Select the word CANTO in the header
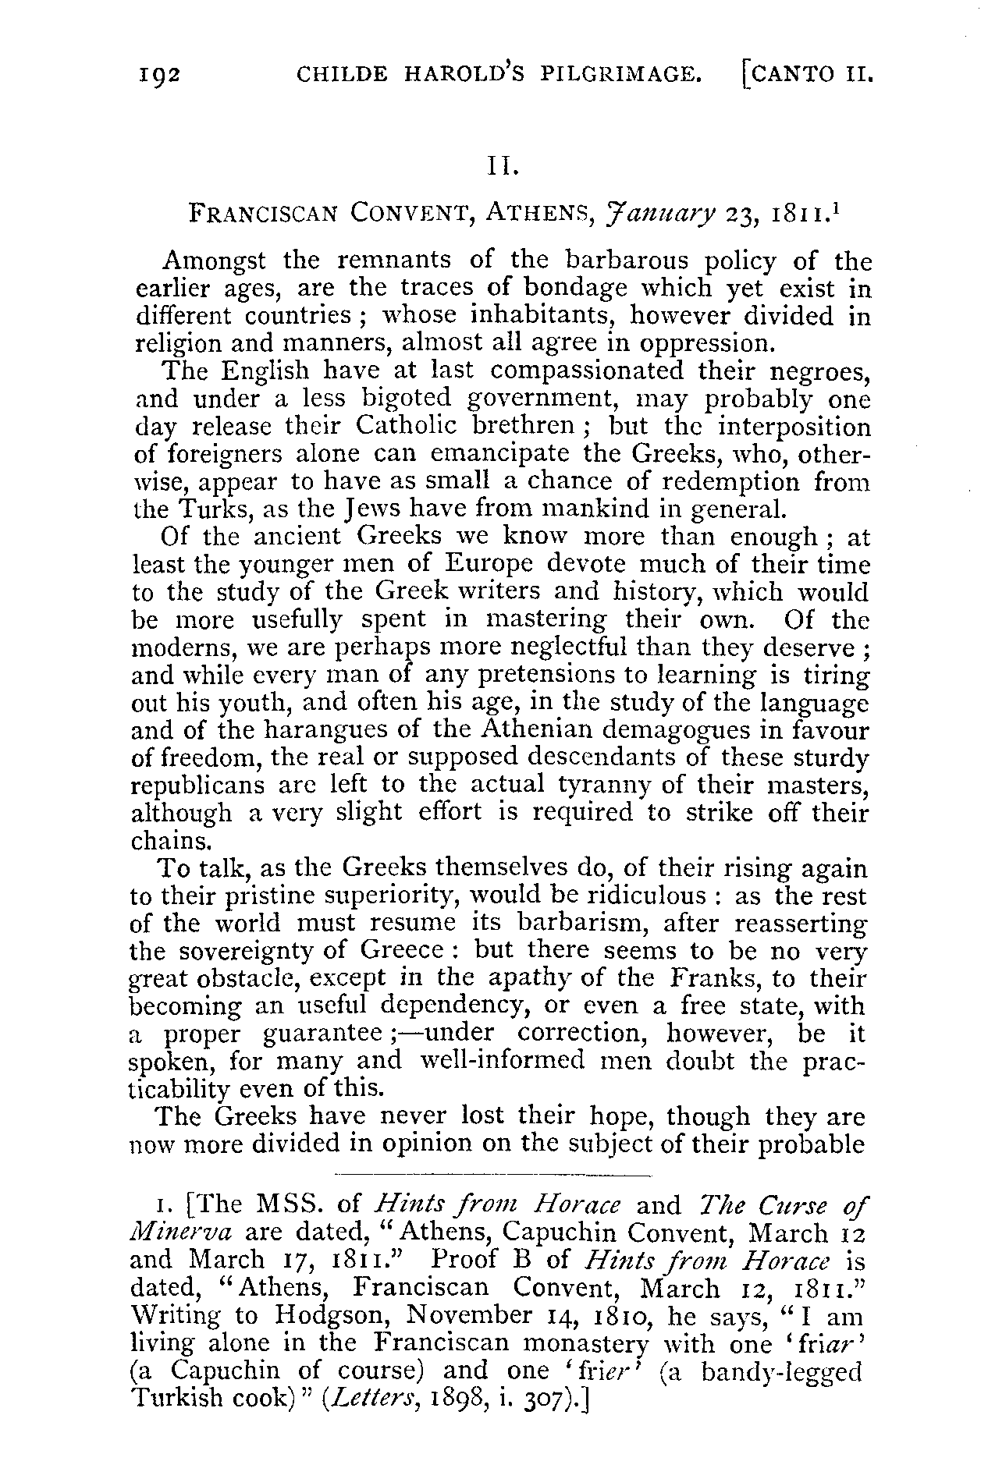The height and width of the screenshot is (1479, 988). [x=789, y=74]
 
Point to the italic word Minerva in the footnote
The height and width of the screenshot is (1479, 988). [x=180, y=1232]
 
